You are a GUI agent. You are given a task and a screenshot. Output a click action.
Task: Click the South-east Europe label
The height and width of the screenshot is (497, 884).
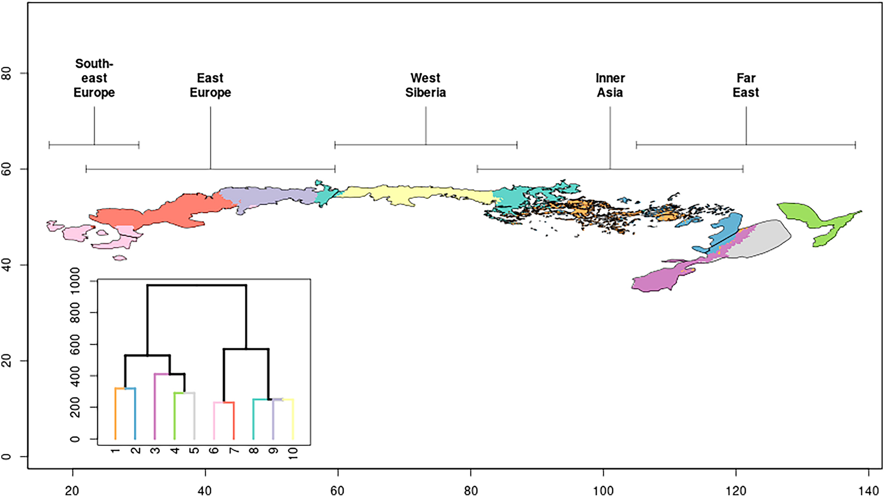(94, 78)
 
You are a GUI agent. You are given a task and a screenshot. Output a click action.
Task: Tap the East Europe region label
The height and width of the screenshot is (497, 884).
(210, 85)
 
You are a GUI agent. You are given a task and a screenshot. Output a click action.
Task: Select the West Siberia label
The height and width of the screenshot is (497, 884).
(425, 85)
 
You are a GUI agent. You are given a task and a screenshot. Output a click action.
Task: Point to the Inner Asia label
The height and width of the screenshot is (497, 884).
(610, 85)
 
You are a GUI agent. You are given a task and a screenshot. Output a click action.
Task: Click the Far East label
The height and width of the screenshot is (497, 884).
(746, 85)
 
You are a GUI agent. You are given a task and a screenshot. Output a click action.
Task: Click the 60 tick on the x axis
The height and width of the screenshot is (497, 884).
(337, 490)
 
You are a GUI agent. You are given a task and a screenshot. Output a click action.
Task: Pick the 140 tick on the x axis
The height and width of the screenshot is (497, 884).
(868, 490)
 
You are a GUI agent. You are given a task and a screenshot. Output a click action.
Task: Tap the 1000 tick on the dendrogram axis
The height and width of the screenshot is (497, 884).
(75, 280)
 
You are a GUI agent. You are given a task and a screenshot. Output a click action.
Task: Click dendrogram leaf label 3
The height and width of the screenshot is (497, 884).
(155, 451)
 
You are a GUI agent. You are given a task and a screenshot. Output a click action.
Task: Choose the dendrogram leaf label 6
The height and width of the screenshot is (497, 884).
(214, 451)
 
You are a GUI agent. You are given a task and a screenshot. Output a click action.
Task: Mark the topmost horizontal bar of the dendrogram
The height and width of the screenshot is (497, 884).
(196, 285)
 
